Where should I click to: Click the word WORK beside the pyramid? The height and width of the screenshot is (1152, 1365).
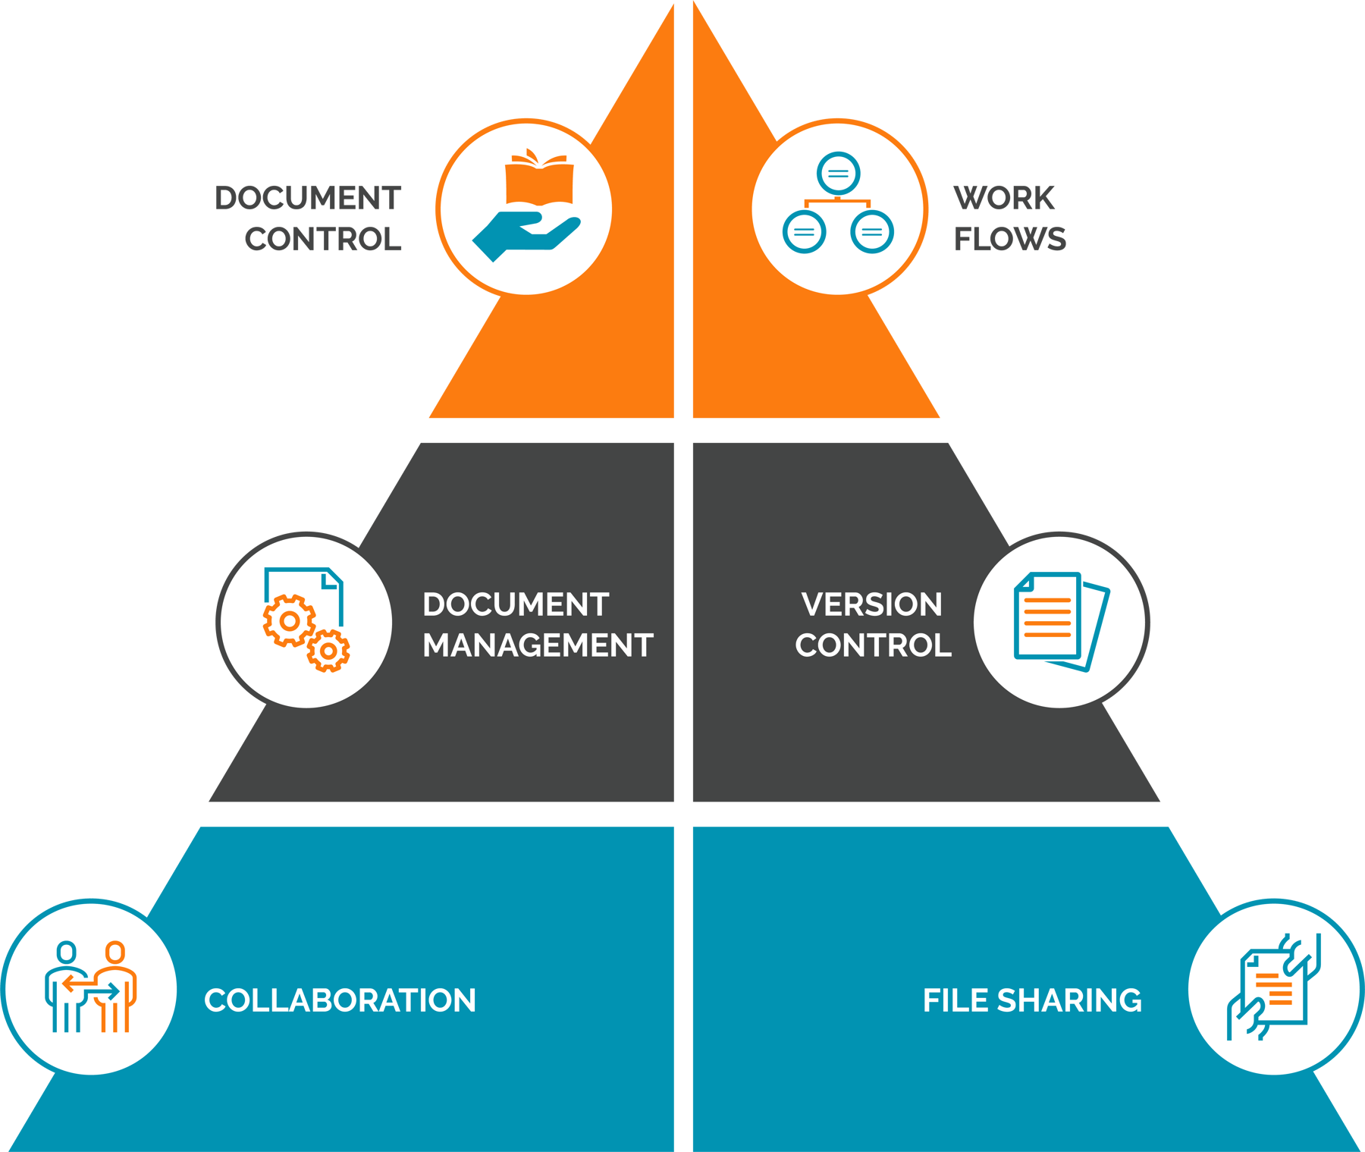1003,199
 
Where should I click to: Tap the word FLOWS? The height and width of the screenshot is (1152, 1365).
1009,240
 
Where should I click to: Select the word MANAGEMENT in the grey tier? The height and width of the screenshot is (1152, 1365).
538,646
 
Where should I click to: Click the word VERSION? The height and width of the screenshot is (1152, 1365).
872,605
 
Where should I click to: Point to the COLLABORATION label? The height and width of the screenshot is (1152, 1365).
340,1001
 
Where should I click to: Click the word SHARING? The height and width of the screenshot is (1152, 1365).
1069,1001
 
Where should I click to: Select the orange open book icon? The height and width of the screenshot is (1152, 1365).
539,178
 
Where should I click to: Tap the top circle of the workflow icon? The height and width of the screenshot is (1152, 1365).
838,173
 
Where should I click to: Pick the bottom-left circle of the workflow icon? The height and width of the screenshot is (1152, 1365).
804,232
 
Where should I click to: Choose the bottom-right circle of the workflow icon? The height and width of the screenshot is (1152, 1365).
872,232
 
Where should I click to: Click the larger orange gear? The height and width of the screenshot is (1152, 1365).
289,620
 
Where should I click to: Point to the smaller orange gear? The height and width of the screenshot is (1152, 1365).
328,651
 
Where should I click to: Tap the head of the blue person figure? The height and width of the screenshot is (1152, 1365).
67,952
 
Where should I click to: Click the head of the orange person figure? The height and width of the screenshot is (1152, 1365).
115,952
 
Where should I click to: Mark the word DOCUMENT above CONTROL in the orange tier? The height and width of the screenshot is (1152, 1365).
308,199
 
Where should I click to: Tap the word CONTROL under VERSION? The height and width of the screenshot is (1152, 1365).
873,646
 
